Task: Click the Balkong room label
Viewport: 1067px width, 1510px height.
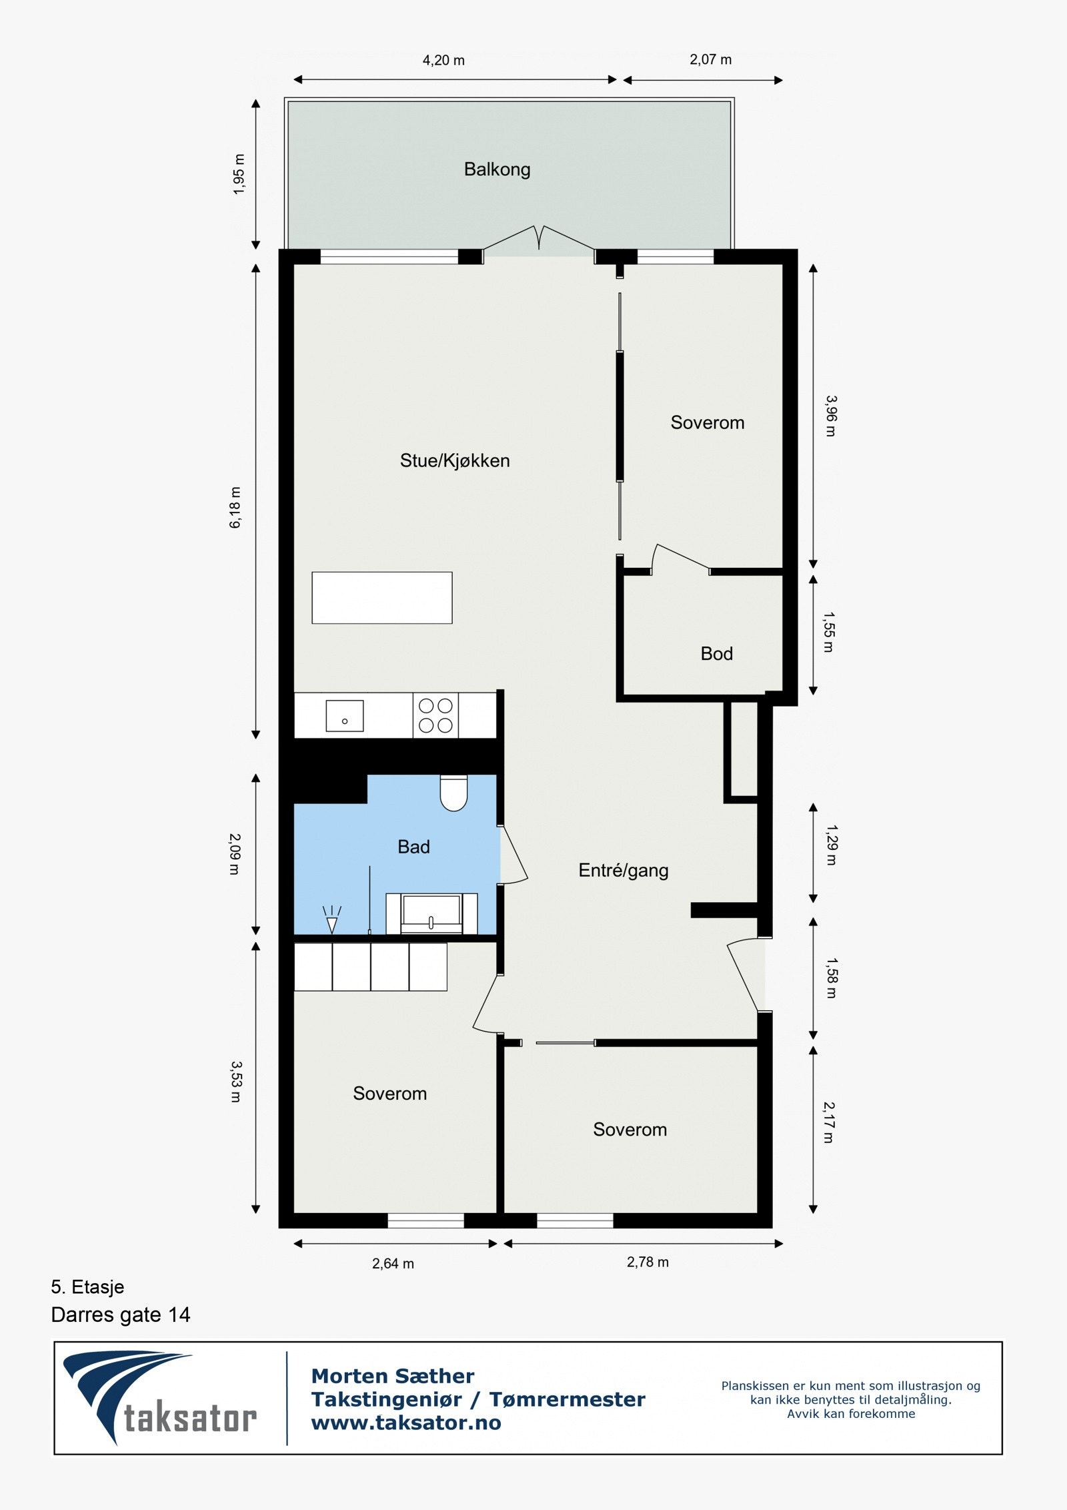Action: coord(497,169)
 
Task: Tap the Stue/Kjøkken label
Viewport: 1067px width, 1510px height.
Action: coord(454,460)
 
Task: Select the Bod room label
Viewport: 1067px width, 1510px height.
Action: coord(716,653)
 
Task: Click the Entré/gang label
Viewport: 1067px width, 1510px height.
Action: coord(623,870)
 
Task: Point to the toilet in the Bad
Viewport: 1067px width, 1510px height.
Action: coord(453,793)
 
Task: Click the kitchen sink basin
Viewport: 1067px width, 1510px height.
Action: coord(344,716)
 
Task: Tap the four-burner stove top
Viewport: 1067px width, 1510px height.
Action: coord(435,715)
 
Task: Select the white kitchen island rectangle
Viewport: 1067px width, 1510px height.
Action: coord(381,598)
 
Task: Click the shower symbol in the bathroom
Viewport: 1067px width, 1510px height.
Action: coord(331,920)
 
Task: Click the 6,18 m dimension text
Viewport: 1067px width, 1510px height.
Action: coord(235,508)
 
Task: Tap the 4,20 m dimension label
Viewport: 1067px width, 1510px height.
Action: coord(443,61)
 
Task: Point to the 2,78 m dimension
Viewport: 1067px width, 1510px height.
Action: coord(648,1262)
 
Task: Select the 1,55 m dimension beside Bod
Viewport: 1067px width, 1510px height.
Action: coord(828,632)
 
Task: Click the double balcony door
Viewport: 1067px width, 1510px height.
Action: coord(539,240)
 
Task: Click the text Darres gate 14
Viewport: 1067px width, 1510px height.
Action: coord(121,1314)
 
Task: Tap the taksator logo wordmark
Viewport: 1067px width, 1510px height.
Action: coord(190,1419)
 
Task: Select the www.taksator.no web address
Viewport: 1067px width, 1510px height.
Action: coord(406,1423)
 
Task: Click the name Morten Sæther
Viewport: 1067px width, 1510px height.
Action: coord(393,1376)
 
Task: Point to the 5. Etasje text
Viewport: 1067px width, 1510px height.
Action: coord(87,1286)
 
